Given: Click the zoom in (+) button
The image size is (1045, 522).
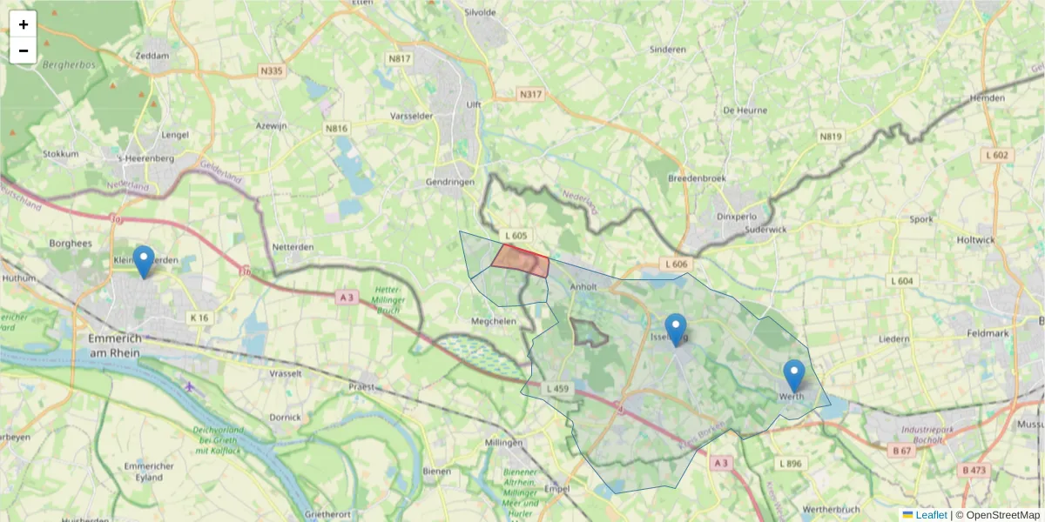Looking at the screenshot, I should click(x=24, y=24).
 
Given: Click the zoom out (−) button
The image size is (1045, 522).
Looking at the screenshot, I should click(x=24, y=50).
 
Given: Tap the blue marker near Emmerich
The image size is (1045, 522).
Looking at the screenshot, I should click(x=144, y=262).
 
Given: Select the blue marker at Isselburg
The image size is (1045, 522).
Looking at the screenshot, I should click(x=675, y=330).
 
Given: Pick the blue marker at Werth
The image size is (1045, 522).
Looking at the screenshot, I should click(x=793, y=376).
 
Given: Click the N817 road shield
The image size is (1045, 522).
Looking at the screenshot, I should click(x=400, y=58).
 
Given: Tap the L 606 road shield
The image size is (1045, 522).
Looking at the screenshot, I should click(x=676, y=264).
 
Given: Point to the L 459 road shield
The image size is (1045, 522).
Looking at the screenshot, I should click(x=557, y=388).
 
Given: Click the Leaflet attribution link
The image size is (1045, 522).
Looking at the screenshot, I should click(x=931, y=514).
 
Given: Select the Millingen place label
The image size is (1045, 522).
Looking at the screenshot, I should click(x=504, y=443).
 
